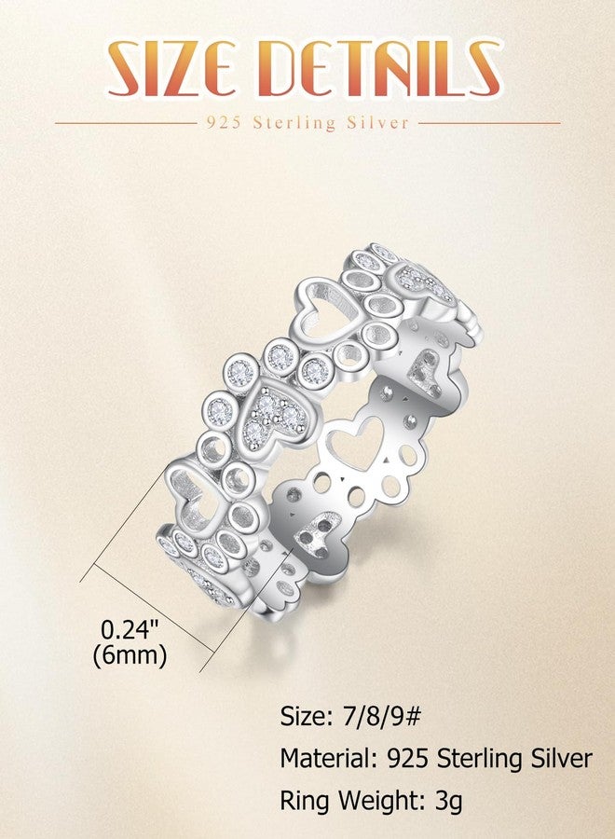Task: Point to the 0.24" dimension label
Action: click(130, 629)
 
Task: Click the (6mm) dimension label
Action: click(130, 654)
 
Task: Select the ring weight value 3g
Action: click(449, 802)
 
